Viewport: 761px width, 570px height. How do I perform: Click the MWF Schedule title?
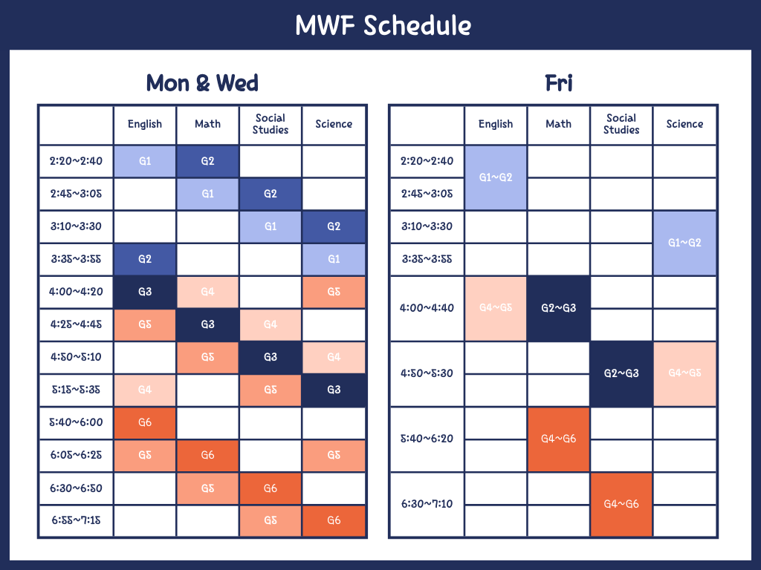(x=383, y=25)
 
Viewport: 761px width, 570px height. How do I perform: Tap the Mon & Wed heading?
(x=202, y=83)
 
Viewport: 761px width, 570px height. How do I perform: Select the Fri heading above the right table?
(x=559, y=83)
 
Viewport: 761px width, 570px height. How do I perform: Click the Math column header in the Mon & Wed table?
(x=208, y=124)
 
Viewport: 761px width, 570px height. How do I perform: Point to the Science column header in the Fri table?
(x=684, y=124)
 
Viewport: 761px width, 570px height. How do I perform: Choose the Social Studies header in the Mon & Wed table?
(x=271, y=124)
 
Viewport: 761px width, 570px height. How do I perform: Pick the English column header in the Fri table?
(x=496, y=124)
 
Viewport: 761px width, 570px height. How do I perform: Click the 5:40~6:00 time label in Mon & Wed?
(x=77, y=422)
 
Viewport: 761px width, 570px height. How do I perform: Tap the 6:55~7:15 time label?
(x=77, y=520)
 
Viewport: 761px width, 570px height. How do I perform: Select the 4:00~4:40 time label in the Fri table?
(x=427, y=308)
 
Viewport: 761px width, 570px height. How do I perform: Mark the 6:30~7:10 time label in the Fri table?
(x=427, y=504)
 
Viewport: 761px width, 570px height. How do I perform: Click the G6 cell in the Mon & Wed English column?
(x=145, y=422)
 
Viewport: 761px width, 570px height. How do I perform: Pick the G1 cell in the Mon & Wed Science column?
(x=334, y=259)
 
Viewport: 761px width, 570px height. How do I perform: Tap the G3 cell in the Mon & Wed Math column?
(x=208, y=324)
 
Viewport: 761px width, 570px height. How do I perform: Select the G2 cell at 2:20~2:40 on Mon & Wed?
(x=208, y=161)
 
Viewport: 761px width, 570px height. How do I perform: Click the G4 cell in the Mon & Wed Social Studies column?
(x=271, y=324)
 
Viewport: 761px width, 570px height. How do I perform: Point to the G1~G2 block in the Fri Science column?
(x=684, y=243)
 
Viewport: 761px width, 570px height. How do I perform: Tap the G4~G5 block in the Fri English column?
(x=496, y=308)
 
